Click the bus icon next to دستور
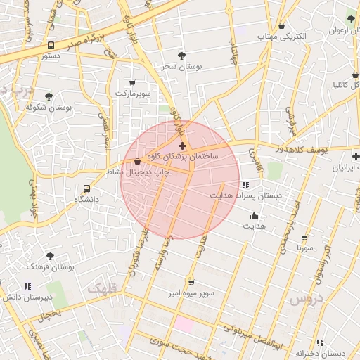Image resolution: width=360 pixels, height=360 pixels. tap(51, 45)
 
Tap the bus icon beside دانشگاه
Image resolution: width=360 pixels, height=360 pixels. tap(86, 188)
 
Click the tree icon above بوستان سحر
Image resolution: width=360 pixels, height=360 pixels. tap(182, 54)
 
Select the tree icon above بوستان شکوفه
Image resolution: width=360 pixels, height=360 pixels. tap(49, 96)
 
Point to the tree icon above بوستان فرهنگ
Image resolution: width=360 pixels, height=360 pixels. tap(49, 256)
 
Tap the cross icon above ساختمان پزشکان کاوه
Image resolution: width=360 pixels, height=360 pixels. tap(183, 146)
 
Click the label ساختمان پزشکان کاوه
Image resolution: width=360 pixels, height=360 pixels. tap(184, 155)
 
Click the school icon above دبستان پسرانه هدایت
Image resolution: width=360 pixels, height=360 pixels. tap(245, 184)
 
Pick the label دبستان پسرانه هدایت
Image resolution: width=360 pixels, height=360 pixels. tap(245, 195)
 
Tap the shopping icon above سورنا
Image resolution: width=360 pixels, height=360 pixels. tap(304, 238)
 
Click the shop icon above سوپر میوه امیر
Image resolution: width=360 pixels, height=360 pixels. tap(191, 281)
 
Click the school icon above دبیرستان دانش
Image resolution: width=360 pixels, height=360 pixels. tap(27, 286)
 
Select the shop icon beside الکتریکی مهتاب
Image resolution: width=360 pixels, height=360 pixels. tap(282, 26)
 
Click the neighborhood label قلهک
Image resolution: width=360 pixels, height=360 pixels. tap(103, 288)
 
